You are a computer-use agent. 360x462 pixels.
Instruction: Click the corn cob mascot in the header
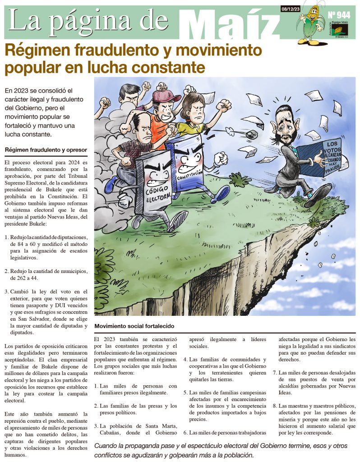[312, 25]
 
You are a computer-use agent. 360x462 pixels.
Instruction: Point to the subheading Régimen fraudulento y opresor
[46, 149]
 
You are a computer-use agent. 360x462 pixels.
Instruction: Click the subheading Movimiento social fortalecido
[134, 326]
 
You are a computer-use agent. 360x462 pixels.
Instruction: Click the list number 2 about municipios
[7, 271]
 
